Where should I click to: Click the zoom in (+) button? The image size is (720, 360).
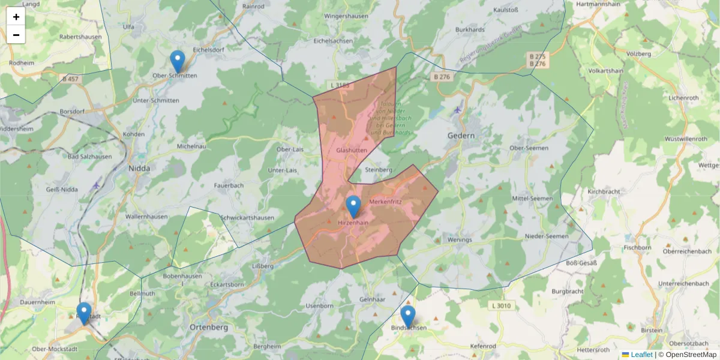(x=16, y=17)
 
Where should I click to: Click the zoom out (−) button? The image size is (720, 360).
(x=16, y=35)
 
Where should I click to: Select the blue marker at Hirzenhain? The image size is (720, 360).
(x=353, y=206)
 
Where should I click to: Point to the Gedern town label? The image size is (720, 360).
(x=461, y=136)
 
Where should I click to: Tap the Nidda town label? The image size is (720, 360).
(x=139, y=169)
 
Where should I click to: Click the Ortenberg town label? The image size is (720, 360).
(x=208, y=328)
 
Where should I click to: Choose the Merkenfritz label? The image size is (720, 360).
(x=386, y=202)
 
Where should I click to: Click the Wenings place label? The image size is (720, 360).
(x=461, y=239)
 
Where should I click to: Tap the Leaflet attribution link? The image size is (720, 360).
(x=641, y=355)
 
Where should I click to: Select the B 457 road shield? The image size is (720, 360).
(x=70, y=79)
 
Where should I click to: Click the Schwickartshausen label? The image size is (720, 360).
(x=247, y=217)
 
